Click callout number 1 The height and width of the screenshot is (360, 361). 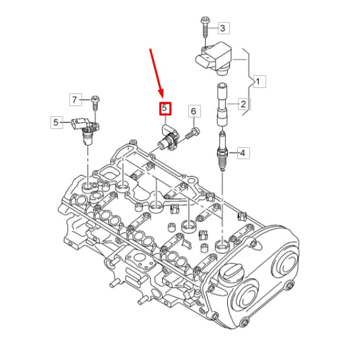tap(260, 81)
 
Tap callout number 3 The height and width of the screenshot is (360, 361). tap(224, 28)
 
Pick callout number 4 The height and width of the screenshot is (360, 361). tap(243, 152)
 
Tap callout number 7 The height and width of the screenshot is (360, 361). tap(76, 100)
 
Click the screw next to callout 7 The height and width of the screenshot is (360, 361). tap(95, 102)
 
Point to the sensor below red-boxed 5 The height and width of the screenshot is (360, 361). tap(167, 138)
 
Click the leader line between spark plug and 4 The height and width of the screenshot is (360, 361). tap(232, 152)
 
